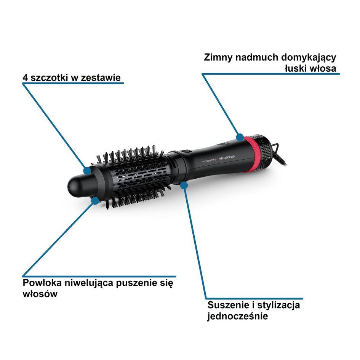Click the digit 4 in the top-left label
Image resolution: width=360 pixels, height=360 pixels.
[25, 78]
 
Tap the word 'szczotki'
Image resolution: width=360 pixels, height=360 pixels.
[50, 78]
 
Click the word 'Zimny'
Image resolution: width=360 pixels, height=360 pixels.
[218, 57]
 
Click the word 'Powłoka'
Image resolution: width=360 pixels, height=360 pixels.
[42, 283]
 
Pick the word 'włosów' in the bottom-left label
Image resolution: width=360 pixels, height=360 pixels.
[40, 294]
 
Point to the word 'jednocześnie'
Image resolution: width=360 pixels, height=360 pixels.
[238, 316]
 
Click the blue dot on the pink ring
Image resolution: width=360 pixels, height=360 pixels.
[240, 137]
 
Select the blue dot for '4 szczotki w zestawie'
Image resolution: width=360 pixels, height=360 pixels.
[87, 170]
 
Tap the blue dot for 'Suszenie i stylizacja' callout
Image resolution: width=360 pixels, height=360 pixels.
[184, 185]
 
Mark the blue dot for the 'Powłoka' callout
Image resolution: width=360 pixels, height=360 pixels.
[95, 201]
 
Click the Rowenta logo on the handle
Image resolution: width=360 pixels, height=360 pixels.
[209, 161]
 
